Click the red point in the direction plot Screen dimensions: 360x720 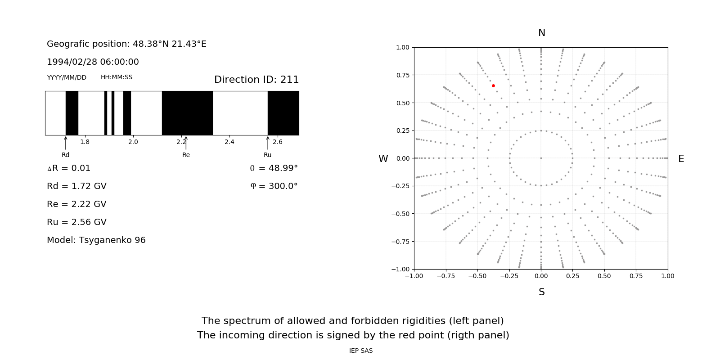point(493,85)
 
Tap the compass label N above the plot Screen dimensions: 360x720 point(541,33)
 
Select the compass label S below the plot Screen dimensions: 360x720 point(541,292)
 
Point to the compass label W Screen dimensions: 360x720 point(383,159)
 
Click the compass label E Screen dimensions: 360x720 point(681,159)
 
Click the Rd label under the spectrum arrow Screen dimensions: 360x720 point(66,155)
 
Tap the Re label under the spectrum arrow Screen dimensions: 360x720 point(186,155)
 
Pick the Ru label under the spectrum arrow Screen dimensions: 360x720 point(267,155)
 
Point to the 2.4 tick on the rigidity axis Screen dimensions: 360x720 point(229,142)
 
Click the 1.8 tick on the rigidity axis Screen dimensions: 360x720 point(85,142)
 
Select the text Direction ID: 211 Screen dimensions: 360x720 point(256,80)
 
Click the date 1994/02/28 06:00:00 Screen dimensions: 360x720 point(93,62)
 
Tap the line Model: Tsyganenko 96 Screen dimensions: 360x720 point(96,240)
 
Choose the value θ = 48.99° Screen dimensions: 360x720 point(274,168)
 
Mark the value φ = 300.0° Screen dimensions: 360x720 point(274,186)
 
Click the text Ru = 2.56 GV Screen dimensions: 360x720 point(76,222)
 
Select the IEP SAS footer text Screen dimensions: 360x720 point(360,351)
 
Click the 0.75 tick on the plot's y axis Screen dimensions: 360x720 point(403,75)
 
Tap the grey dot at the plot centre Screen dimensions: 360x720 point(541,158)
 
